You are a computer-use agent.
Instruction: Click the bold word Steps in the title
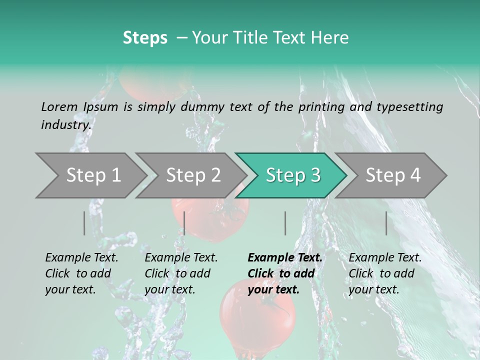tap(145, 38)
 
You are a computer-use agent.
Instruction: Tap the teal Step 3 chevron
tap(292, 175)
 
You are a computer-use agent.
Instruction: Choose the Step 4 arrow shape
tap(392, 175)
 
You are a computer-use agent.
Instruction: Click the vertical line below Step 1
tap(84, 223)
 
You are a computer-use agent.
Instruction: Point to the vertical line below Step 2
tap(184, 223)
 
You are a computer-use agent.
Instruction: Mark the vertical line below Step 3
tap(285, 223)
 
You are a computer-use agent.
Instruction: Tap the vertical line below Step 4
tap(386, 223)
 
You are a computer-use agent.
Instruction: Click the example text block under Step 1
tap(81, 273)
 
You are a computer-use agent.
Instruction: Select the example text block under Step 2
tap(181, 273)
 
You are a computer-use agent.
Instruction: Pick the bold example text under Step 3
tap(285, 273)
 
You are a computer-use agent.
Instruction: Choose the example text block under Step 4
tap(385, 273)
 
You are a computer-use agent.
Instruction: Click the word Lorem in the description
tap(59, 106)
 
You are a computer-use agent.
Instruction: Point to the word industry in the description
tap(65, 124)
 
